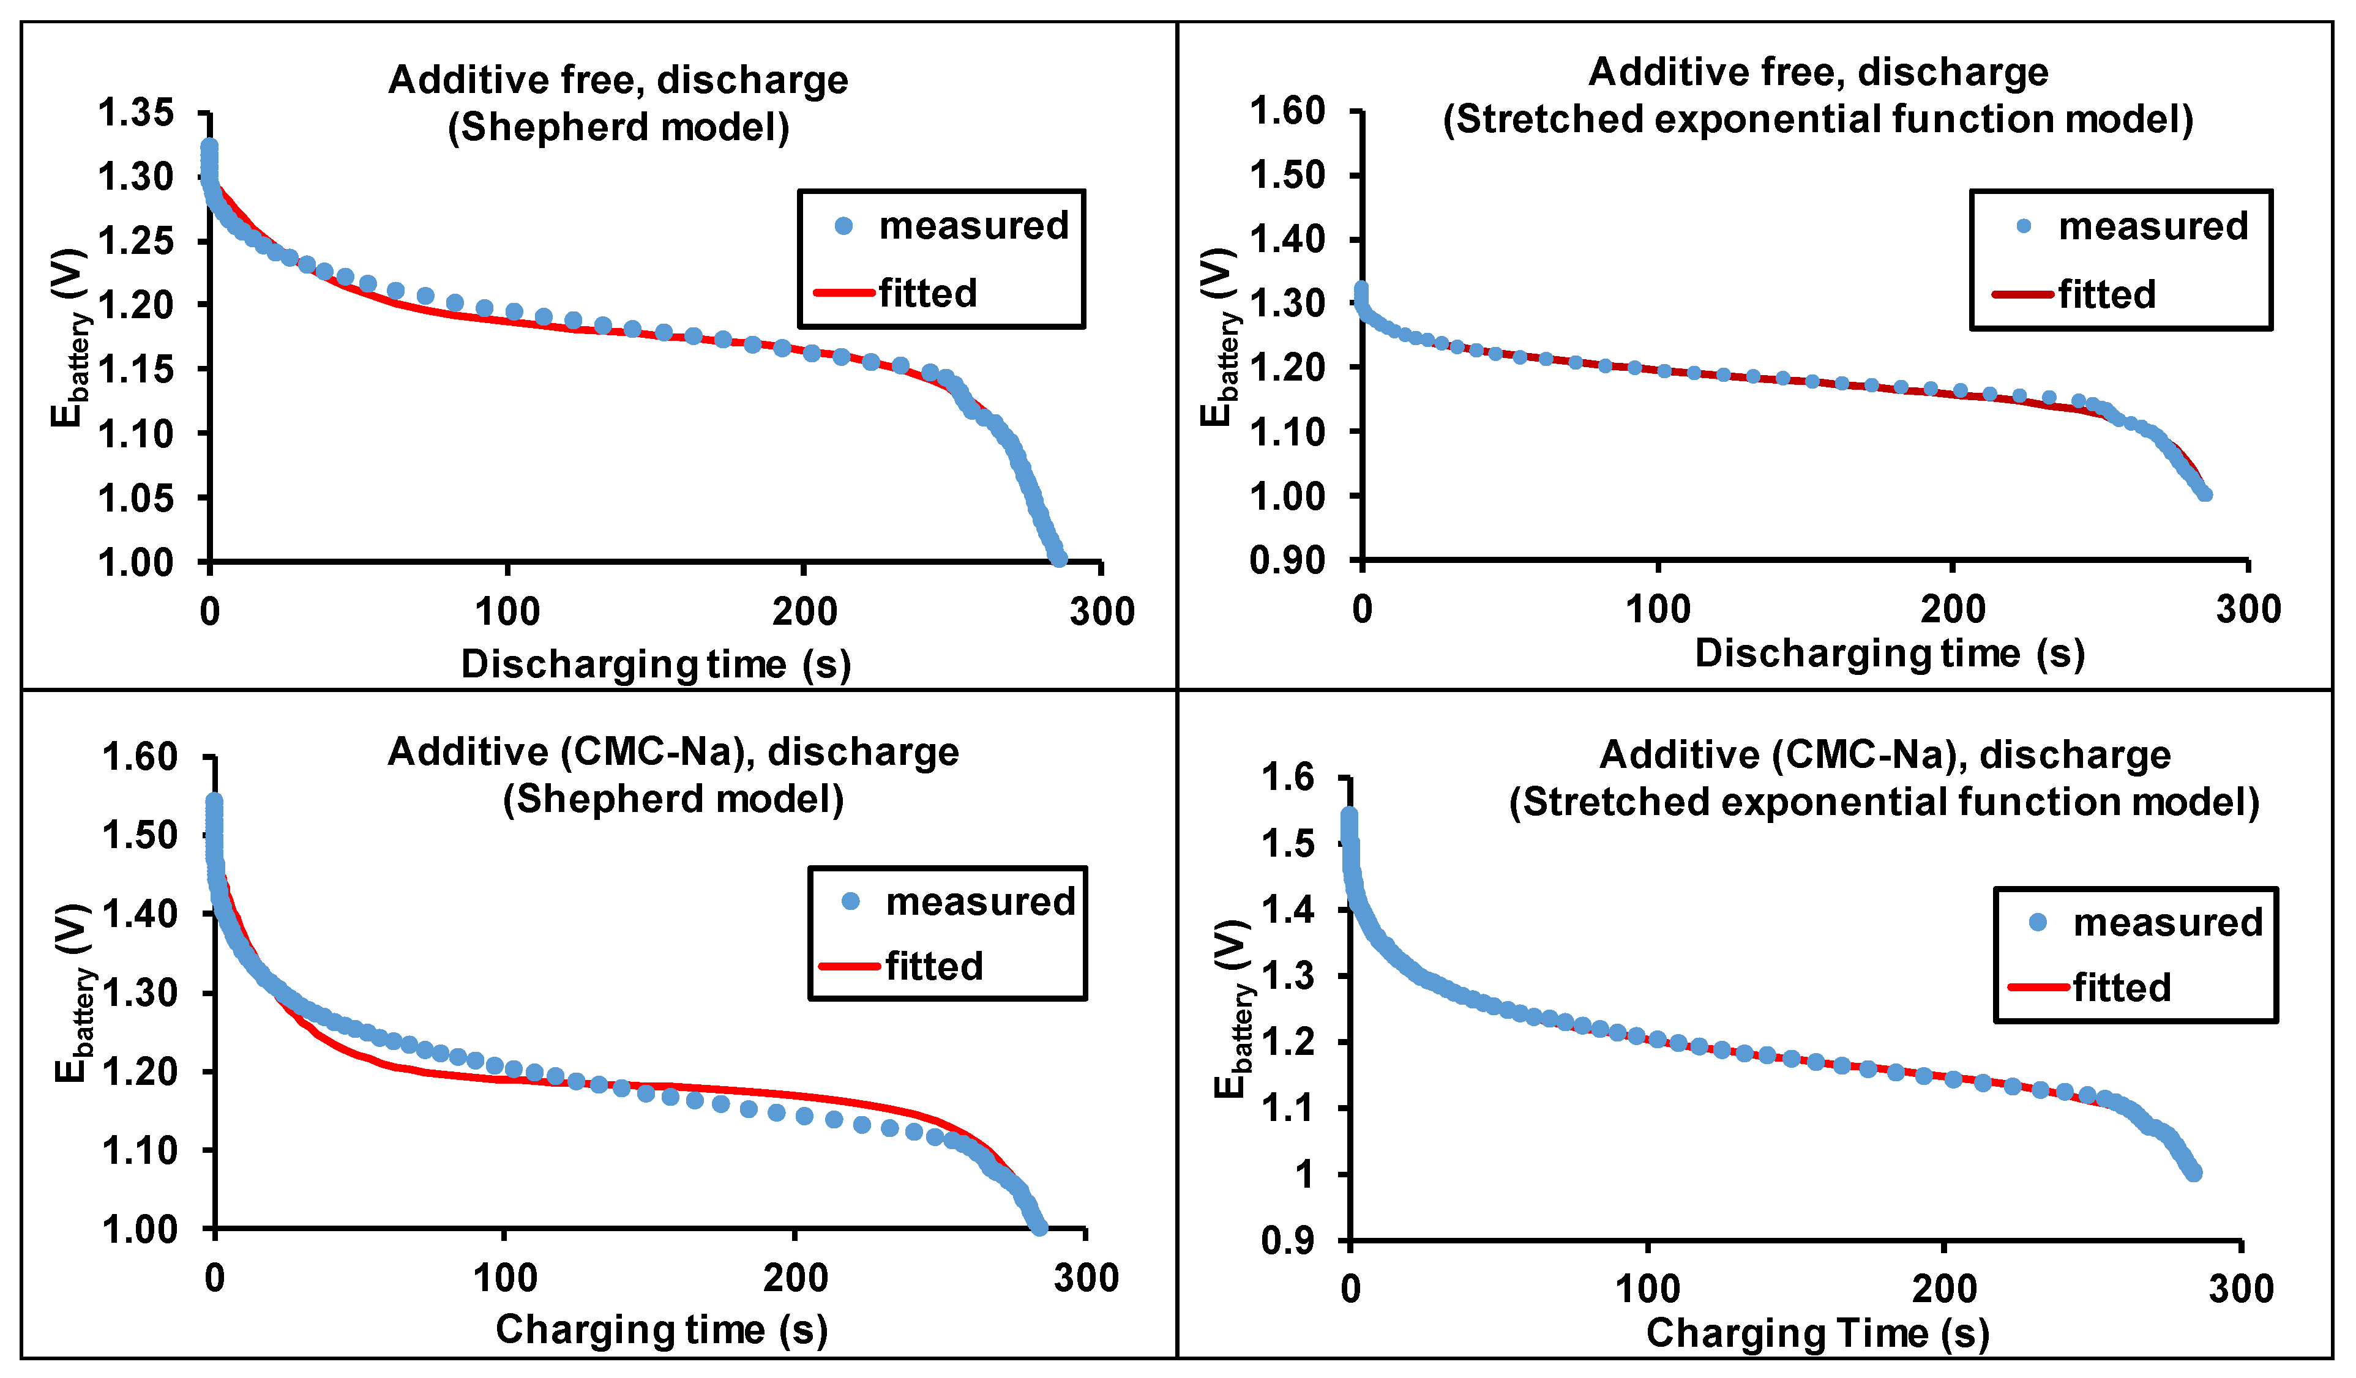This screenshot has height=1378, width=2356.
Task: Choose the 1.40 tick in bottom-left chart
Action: pyautogui.click(x=140, y=914)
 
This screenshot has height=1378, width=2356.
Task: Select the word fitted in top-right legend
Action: pyautogui.click(x=2106, y=294)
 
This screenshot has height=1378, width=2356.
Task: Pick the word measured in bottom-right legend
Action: pyautogui.click(x=2167, y=923)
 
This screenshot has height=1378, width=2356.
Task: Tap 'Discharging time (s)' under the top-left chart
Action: pyautogui.click(x=656, y=664)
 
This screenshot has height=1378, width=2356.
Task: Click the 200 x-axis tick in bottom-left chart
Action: pyautogui.click(x=795, y=1278)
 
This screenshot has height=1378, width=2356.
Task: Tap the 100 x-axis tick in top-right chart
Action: pyautogui.click(x=1658, y=609)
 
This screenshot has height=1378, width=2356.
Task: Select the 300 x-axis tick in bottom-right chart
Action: pyautogui.click(x=2240, y=1289)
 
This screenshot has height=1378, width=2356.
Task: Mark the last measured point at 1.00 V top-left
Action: pyautogui.click(x=1058, y=559)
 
